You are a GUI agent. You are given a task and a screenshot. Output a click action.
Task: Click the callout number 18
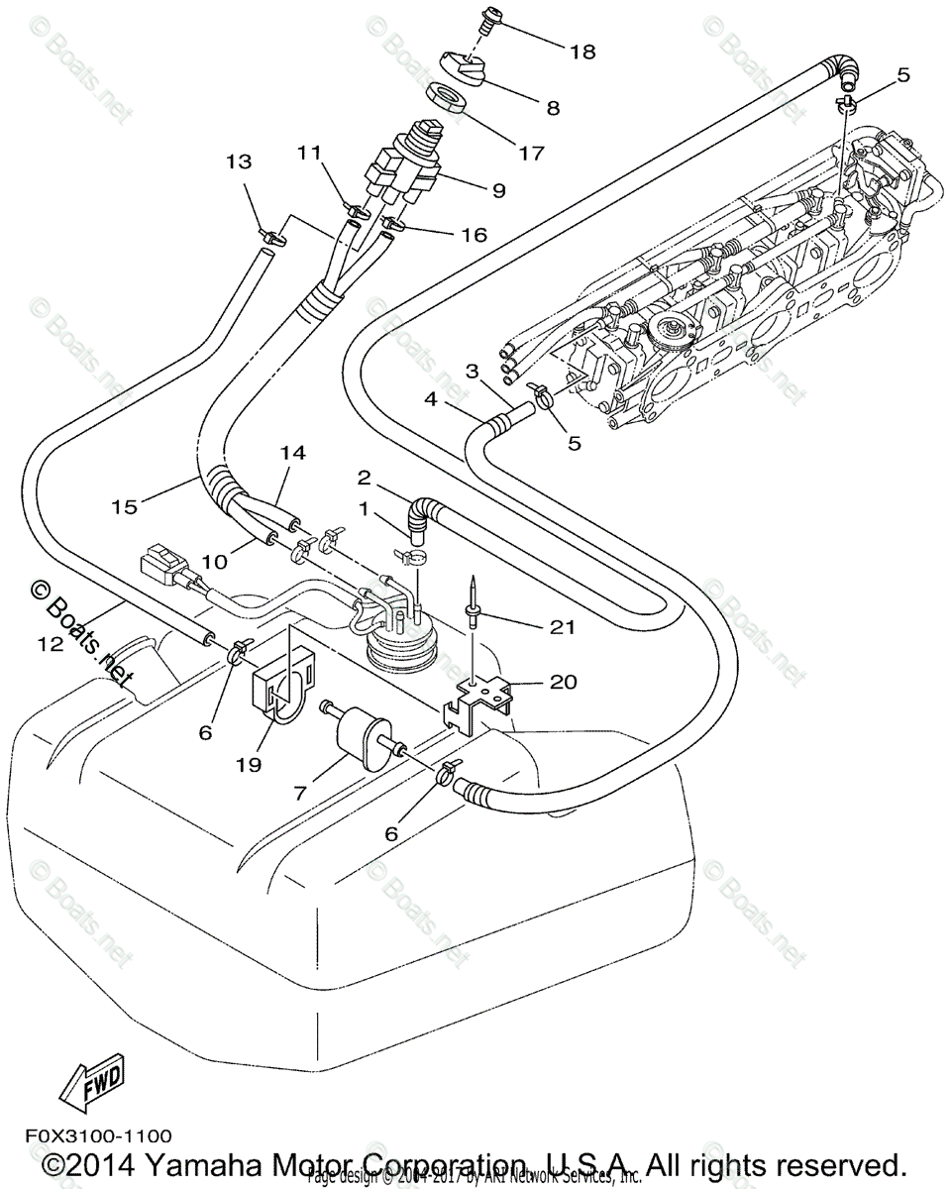coord(582,52)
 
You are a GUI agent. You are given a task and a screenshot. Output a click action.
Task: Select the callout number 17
coord(531,154)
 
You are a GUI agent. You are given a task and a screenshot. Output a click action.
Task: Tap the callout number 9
coord(498,188)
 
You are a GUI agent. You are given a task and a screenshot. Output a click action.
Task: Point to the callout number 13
coord(239,161)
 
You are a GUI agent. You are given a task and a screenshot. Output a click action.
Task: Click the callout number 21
coord(563,626)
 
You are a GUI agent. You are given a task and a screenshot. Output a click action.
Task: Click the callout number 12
coord(52,644)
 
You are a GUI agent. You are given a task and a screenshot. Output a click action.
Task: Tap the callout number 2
coord(365,479)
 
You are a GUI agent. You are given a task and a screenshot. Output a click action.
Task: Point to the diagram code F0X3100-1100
coord(93,1135)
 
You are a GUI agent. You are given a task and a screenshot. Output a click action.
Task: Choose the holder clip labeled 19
coord(282,685)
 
